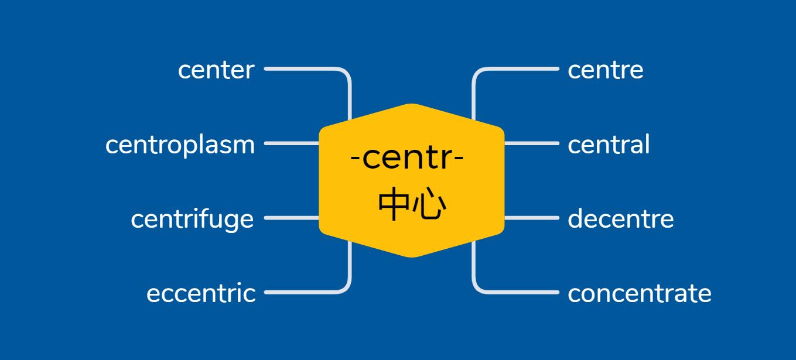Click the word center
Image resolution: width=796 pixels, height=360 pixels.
(216, 70)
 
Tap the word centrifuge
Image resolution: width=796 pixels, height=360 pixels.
(192, 220)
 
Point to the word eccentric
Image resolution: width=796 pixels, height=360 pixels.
(201, 293)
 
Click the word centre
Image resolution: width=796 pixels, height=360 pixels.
(605, 70)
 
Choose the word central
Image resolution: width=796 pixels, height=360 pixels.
(609, 145)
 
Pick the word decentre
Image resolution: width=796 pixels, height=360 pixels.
(620, 219)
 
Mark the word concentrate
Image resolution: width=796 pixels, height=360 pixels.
(639, 293)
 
